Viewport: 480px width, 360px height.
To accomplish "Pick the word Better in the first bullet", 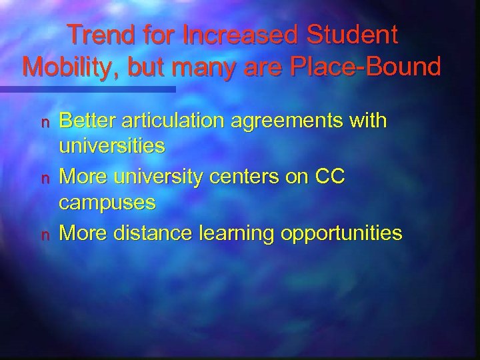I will pos(84,121).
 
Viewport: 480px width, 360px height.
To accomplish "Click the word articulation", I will pos(169,121).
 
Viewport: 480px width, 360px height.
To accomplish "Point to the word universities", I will pos(111,148).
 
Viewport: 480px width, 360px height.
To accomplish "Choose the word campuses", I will pos(108,205).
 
